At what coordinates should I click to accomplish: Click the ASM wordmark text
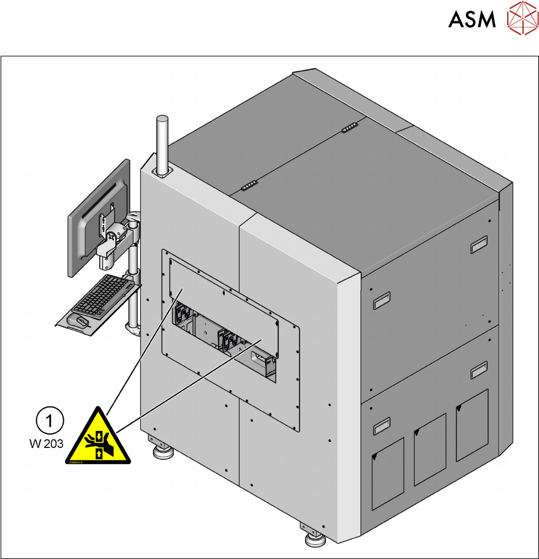tap(472, 20)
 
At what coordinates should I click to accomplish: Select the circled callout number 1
tap(52, 420)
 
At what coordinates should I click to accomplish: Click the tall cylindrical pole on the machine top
tap(163, 145)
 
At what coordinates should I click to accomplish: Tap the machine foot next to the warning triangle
tap(163, 453)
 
